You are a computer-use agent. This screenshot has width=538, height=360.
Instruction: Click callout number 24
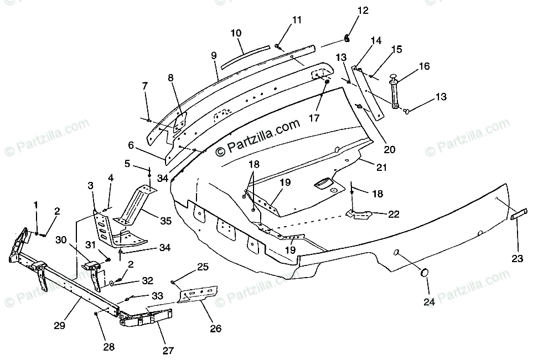click(430, 301)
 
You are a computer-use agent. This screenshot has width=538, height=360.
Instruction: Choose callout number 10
click(236, 33)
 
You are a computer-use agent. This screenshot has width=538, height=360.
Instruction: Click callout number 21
click(382, 167)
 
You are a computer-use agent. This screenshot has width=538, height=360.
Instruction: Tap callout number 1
click(36, 205)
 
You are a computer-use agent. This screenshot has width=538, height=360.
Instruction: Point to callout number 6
click(131, 145)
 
